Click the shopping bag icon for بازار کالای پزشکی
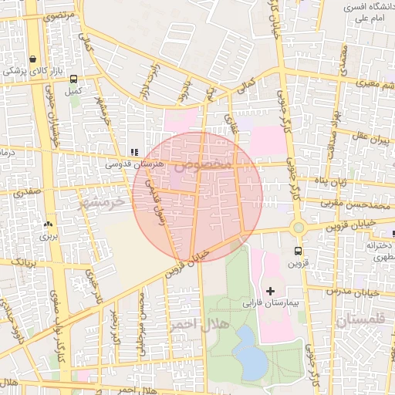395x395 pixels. (x=32, y=59)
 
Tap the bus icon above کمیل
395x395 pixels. (x=73, y=79)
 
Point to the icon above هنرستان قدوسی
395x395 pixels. (x=134, y=153)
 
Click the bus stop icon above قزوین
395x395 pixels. (x=298, y=251)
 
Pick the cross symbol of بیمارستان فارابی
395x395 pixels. (x=270, y=290)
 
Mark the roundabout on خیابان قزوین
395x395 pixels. (x=298, y=228)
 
